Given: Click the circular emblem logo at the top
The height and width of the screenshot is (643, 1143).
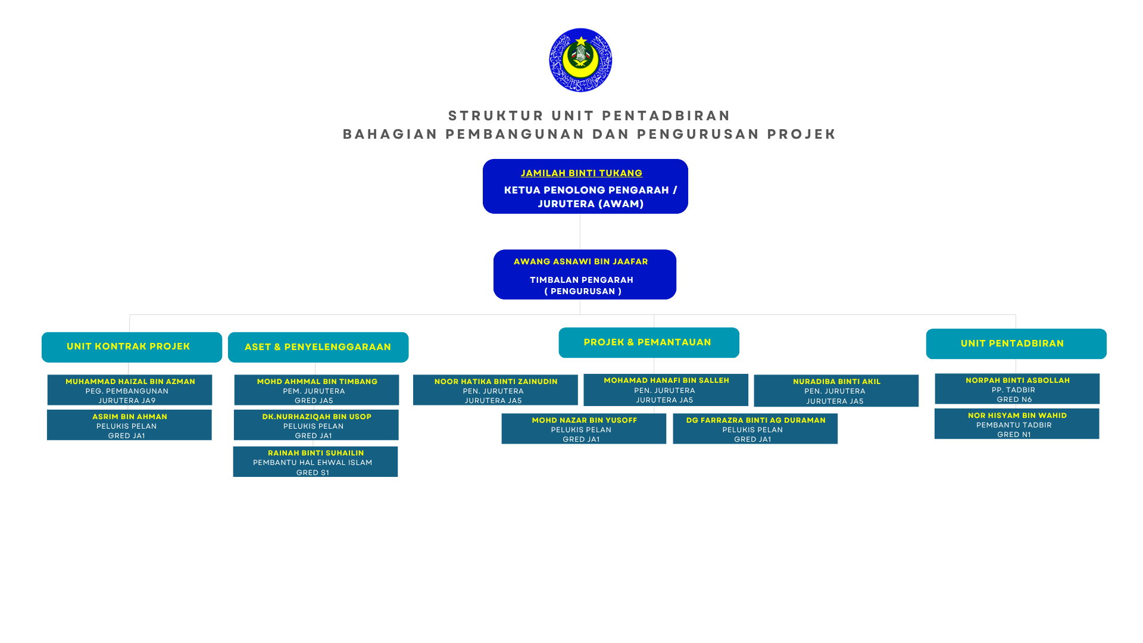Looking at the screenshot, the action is coord(580,60).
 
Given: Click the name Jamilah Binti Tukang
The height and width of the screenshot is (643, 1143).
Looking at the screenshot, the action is coord(582,173).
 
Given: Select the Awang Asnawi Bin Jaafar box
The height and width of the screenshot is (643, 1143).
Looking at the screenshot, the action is coord(585,274).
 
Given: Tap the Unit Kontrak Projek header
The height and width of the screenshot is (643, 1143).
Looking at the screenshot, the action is coord(132,347).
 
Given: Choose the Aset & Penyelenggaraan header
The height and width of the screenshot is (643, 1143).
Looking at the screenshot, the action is coord(318,347).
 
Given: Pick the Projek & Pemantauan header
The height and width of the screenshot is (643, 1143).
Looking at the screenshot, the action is coord(649,342).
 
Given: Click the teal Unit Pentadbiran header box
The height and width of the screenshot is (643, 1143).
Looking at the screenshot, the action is coord(1016,344).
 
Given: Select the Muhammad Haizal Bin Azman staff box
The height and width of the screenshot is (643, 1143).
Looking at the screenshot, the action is coord(130,390).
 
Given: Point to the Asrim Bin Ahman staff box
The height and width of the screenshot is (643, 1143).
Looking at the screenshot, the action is coord(129,425).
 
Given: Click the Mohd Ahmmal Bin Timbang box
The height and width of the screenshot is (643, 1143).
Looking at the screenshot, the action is coord(317,390).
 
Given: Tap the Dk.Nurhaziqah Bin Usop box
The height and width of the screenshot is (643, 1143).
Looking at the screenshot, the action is coord(316,425).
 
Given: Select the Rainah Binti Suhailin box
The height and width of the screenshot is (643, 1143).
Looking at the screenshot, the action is coord(316,461).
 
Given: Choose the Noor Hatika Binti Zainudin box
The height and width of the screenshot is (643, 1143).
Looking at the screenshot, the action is coord(495,390).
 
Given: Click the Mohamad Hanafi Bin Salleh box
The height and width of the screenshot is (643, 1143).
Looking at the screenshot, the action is coord(666,390).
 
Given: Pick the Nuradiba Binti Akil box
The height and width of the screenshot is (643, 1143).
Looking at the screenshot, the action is coord(836,391).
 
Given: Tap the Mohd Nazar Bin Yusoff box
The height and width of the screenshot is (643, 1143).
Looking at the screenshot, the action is coord(583,429).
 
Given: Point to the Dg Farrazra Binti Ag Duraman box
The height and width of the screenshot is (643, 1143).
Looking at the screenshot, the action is coord(755,429).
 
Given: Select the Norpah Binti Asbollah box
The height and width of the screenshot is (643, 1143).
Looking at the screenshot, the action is coord(1017,389).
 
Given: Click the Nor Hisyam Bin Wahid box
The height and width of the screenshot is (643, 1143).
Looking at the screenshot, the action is coord(1017,424).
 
